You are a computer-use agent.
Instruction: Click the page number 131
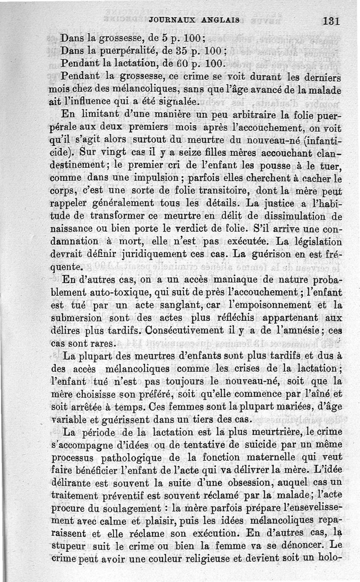click(330, 21)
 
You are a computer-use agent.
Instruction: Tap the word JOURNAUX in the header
click(171, 20)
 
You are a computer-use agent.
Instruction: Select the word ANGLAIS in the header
click(220, 20)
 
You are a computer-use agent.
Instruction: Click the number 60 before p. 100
click(169, 62)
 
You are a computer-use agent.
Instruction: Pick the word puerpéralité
click(124, 49)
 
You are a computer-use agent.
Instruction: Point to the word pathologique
click(144, 458)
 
